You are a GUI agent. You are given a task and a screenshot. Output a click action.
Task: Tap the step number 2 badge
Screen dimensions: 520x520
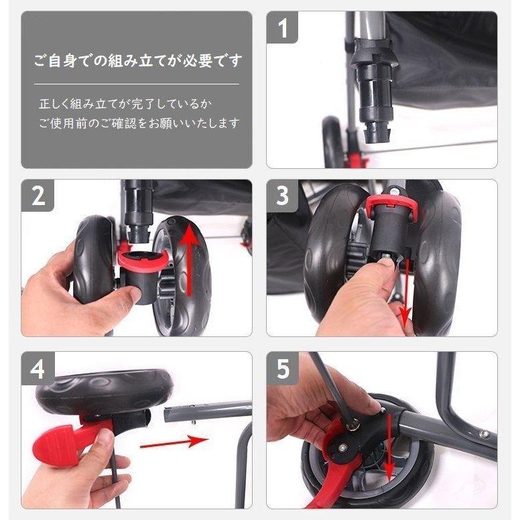(38, 196)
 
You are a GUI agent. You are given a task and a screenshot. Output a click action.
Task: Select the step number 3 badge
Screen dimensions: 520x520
(282, 196)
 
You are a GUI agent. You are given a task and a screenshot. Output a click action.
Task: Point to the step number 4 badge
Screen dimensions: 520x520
(38, 369)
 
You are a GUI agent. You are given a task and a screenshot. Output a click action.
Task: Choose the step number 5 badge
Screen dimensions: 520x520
(282, 369)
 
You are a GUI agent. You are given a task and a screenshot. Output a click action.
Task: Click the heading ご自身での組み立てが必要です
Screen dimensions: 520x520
(137, 61)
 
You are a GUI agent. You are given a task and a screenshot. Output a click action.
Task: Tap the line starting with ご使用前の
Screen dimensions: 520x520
(138, 124)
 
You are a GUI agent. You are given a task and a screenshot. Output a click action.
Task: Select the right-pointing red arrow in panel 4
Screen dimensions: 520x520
(174, 442)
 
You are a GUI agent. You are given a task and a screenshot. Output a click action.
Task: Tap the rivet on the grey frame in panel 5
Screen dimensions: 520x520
(483, 434)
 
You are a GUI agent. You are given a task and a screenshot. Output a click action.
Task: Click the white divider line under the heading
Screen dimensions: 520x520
(137, 84)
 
